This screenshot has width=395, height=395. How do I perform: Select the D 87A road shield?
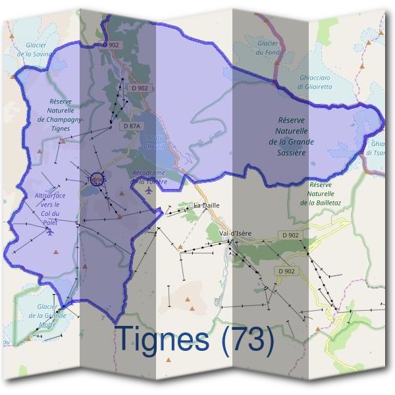pyautogui.click(x=131, y=125)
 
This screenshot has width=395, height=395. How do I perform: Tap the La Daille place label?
pyautogui.click(x=206, y=205)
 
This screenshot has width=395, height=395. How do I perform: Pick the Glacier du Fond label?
pyautogui.click(x=268, y=47)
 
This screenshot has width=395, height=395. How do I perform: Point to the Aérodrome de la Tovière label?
pyautogui.click(x=150, y=176)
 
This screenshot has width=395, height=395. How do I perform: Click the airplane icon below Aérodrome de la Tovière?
pyautogui.click(x=149, y=190)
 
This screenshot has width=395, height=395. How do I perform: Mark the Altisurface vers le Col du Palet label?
pyautogui.click(x=50, y=209)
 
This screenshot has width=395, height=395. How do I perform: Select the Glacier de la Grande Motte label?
pyautogui.click(x=51, y=315)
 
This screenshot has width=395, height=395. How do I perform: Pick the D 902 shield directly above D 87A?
pyautogui.click(x=139, y=88)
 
